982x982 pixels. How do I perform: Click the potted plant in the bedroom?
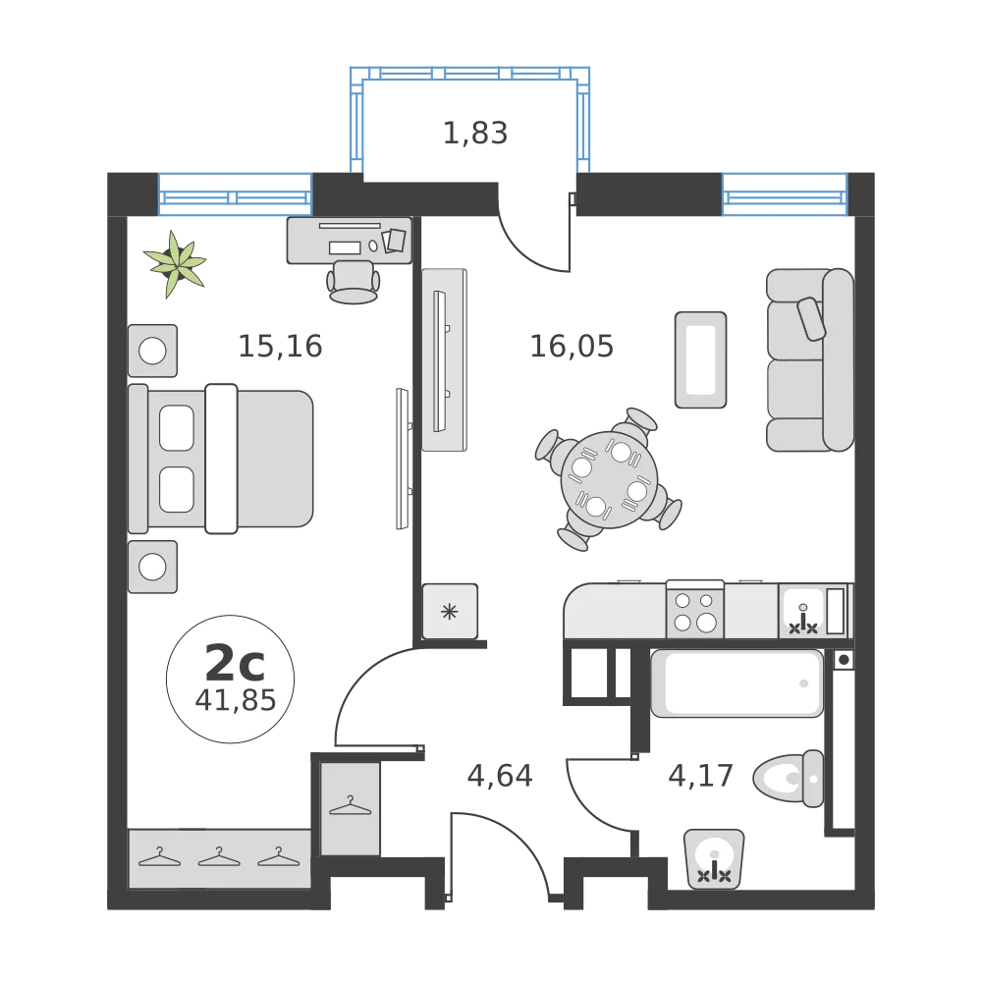(x=176, y=263)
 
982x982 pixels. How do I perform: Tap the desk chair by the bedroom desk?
(x=354, y=280)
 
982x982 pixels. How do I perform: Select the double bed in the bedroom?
(x=222, y=459)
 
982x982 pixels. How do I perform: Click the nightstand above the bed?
(x=153, y=350)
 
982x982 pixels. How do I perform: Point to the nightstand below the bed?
(x=153, y=567)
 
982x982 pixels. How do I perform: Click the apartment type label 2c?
(x=233, y=665)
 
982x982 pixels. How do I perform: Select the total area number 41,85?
(x=234, y=700)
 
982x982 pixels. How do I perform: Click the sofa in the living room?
(x=809, y=359)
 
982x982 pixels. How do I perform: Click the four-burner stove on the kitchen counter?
(x=694, y=610)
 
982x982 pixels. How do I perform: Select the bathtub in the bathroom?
(x=736, y=683)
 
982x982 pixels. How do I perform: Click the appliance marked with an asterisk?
(x=450, y=612)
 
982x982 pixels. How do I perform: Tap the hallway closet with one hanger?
(x=350, y=807)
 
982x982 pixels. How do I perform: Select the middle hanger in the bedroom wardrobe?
(x=219, y=857)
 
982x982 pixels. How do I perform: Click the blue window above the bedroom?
(x=235, y=193)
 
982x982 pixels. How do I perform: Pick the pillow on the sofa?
(x=813, y=318)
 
